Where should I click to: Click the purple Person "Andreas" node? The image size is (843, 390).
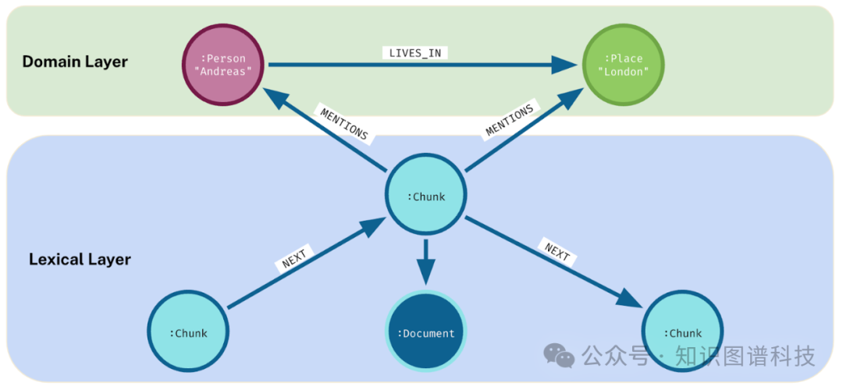[x=223, y=65]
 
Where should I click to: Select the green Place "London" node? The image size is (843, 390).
[x=624, y=65]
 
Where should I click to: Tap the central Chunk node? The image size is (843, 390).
[x=426, y=196]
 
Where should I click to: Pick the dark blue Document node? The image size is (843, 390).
[x=426, y=333]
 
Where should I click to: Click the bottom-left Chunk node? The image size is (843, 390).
[x=188, y=333]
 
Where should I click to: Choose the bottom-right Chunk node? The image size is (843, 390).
[x=683, y=333]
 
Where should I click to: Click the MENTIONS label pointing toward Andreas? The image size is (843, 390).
[x=343, y=122]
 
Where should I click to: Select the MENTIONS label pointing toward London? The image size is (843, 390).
[x=510, y=119]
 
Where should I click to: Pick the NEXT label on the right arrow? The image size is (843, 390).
[x=557, y=251]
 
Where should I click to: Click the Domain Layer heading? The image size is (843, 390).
[x=75, y=62]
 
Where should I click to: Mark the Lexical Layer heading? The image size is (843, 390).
[x=80, y=259]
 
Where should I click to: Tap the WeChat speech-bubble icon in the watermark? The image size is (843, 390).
[x=559, y=356]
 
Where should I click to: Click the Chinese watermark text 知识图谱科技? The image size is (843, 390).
[x=745, y=356]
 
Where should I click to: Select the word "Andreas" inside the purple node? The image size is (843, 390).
[x=223, y=72]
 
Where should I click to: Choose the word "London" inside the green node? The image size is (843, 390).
[x=624, y=72]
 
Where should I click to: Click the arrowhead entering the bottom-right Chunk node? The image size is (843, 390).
[x=634, y=300]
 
